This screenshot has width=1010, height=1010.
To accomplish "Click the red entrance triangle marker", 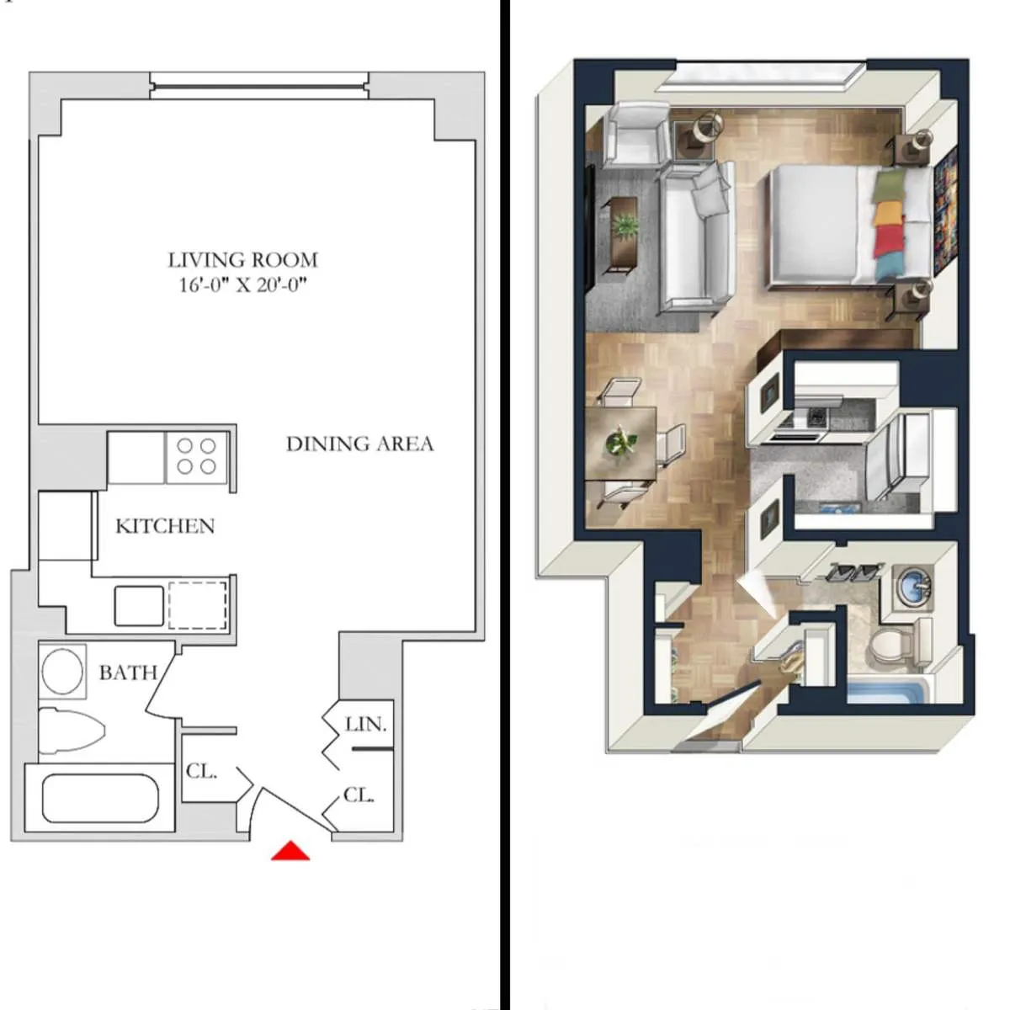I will pos(290,852).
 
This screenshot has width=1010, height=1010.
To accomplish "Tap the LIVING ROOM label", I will pos(242,260).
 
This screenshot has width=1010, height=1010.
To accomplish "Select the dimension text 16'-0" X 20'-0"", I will pos(242,285).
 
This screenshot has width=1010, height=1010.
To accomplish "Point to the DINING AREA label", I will pos(359,444).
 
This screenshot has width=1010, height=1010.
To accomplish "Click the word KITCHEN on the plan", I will pos(165,526).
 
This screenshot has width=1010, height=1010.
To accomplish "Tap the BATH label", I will pos(128,672).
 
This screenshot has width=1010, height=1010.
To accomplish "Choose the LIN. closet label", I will pos(365,724).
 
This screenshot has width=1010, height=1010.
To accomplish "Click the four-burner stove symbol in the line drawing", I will pos(195,456).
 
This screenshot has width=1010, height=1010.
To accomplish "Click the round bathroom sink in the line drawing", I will pos(62,671).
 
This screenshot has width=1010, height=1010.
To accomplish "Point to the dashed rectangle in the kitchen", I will pos(198,604).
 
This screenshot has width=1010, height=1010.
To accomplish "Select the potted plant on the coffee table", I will pos(625,226).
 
